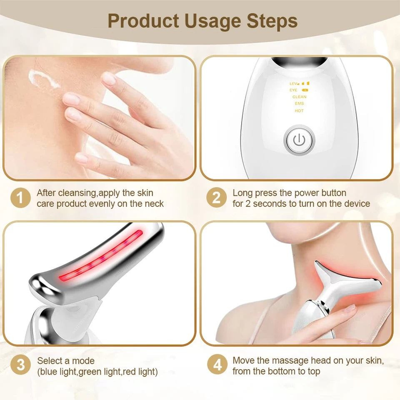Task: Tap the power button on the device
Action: [x=299, y=140]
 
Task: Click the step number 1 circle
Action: [x=20, y=198]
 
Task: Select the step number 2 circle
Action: [x=217, y=198]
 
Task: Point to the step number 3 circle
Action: [x=20, y=365]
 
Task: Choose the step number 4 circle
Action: [x=217, y=365]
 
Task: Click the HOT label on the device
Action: [x=299, y=111]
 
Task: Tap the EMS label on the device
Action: [x=299, y=104]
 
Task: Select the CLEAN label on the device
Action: [x=299, y=97]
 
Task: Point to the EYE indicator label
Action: [x=293, y=90]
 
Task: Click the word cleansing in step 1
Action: [x=77, y=193]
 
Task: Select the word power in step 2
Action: [x=306, y=193]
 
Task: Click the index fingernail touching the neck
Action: [x=71, y=99]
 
